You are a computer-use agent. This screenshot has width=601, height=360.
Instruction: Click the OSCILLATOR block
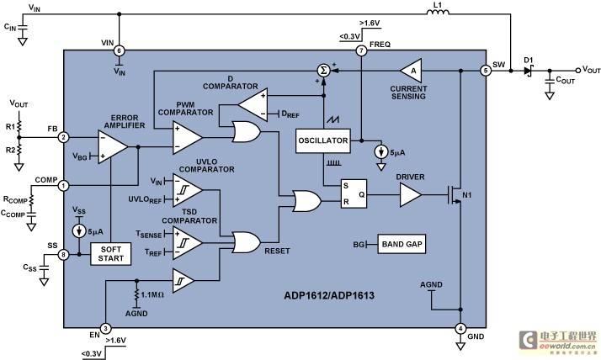point(323,140)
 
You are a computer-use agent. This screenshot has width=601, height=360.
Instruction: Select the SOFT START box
point(111,254)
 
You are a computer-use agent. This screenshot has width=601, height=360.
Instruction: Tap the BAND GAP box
point(402,244)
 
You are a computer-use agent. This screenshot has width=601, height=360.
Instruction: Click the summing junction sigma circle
point(324,71)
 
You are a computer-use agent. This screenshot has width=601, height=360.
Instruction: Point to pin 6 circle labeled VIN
point(120,50)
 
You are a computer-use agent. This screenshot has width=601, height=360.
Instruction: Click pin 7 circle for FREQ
point(361,50)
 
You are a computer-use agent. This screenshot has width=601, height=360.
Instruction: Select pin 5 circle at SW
point(486,71)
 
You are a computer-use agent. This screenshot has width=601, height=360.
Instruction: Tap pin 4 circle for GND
point(460,328)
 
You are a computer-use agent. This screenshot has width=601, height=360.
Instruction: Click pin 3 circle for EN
point(105,328)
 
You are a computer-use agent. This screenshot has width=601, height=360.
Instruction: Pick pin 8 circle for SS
point(63,254)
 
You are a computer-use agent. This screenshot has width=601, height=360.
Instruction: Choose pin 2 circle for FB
point(63,137)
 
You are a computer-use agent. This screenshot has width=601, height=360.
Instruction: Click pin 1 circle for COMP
point(63,186)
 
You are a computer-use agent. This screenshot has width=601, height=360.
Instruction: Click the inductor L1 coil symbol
point(438,13)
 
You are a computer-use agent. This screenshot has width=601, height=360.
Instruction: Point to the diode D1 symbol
point(528,71)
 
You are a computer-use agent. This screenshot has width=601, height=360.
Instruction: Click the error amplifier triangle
point(113,146)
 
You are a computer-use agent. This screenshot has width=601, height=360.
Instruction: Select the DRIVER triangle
point(410,195)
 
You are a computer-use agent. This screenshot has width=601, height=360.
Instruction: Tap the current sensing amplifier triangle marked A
point(411,71)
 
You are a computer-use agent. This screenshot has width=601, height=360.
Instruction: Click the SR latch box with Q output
point(354,193)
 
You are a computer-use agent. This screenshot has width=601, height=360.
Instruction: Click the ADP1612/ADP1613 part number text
point(329,296)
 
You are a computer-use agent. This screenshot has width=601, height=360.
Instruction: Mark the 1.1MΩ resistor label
point(152,295)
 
